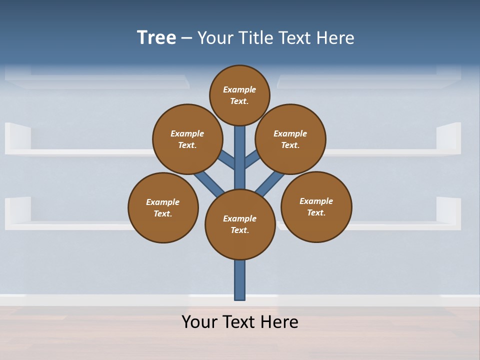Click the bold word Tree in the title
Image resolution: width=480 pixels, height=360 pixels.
pyautogui.click(x=156, y=37)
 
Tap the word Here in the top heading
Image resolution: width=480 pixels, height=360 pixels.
pyautogui.click(x=336, y=37)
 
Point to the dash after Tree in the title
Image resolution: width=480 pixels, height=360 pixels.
pyautogui.click(x=186, y=38)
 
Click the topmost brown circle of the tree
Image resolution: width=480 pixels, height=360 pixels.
pyautogui.click(x=239, y=95)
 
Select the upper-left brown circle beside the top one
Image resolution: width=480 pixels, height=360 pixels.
pyautogui.click(x=187, y=139)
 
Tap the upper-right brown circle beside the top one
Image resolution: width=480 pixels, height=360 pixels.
pyautogui.click(x=290, y=139)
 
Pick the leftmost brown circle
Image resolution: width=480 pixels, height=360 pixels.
pyautogui.click(x=163, y=207)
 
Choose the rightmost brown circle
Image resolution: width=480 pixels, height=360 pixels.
pyautogui.click(x=316, y=206)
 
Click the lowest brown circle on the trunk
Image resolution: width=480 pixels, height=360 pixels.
pyautogui.click(x=240, y=224)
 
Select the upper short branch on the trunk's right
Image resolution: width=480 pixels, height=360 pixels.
pyautogui.click(x=252, y=159)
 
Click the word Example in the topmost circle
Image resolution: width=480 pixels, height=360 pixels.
pyautogui.click(x=239, y=89)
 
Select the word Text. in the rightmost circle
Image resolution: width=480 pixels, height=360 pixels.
pyautogui.click(x=316, y=212)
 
